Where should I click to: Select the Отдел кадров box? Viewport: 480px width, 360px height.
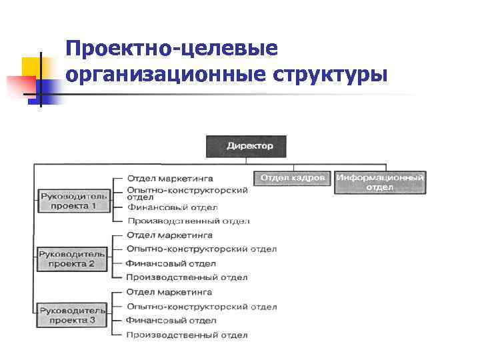pos(293,178)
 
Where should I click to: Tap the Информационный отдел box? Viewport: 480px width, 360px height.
pos(380,182)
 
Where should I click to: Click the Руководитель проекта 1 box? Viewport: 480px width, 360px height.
pos(73,201)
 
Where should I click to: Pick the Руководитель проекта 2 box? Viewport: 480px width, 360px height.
pos(72,259)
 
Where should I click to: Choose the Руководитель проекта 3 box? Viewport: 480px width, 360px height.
pos(72,315)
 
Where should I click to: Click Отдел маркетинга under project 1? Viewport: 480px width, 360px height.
pos(170,179)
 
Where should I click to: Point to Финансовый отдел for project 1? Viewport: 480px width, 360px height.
pos(171,207)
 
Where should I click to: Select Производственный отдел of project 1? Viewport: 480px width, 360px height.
pos(188,221)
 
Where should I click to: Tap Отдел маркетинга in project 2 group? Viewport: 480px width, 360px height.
pos(169,235)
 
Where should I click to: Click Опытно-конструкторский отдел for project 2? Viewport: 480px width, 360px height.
pos(201,249)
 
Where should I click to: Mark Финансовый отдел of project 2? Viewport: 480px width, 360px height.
pos(171,263)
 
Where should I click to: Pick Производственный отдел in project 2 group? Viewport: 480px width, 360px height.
pos(187,277)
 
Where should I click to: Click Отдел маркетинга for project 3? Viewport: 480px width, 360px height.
pos(169,292)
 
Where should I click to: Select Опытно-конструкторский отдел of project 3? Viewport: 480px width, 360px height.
pos(201,307)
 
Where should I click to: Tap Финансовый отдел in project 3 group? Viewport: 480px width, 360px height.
pos(171,321)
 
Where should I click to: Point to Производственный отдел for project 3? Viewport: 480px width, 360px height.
pos(187,335)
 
